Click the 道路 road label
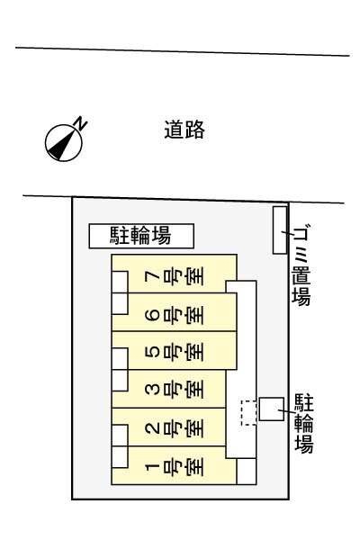pyautogui.click(x=184, y=130)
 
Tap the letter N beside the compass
pyautogui.click(x=81, y=123)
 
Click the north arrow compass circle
pyautogui.click(x=64, y=142)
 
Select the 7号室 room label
pyautogui.click(x=175, y=275)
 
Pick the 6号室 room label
pyautogui.click(x=175, y=313)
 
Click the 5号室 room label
pyautogui.click(x=175, y=352)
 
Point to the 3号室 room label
pyautogui.click(x=175, y=390)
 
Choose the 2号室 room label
pyautogui.click(x=175, y=428)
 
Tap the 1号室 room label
pyautogui.click(x=175, y=466)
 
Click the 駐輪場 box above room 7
pyautogui.click(x=141, y=236)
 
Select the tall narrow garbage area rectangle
pyautogui.click(x=280, y=230)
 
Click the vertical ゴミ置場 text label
pyautogui.click(x=301, y=265)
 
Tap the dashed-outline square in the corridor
pyautogui.click(x=248, y=412)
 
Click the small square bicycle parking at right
pyautogui.click(x=272, y=409)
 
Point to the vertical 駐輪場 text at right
pyautogui.click(x=304, y=423)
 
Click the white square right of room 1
pyautogui.click(x=247, y=471)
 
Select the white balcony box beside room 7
pyautogui.click(x=120, y=282)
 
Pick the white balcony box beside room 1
pyautogui.click(x=120, y=457)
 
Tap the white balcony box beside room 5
pyautogui.click(x=120, y=358)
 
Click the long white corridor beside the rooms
pyautogui.click(x=241, y=369)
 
